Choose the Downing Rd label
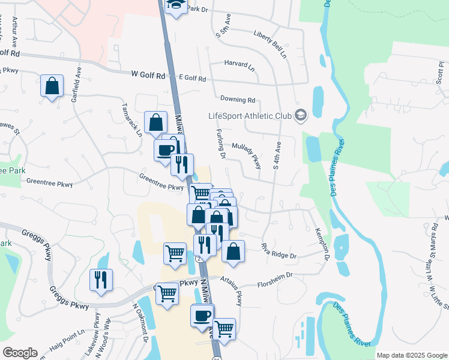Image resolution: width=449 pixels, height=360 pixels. tap(238, 100)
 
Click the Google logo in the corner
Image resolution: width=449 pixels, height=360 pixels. tap(20, 353)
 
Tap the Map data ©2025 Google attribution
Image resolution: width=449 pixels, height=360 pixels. tap(412, 355)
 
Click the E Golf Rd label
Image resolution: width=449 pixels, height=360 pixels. tap(192, 79)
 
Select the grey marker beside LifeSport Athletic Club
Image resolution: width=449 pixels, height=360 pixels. tap(301, 115)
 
